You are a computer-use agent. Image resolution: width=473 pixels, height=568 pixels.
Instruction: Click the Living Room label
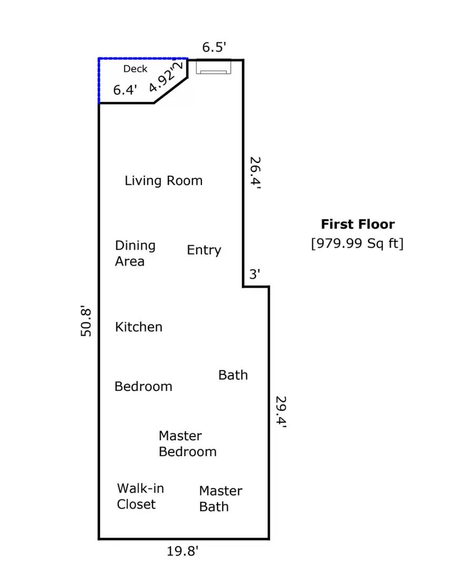pyautogui.click(x=163, y=181)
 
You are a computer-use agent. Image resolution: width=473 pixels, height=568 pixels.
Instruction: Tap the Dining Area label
pyautogui.click(x=135, y=253)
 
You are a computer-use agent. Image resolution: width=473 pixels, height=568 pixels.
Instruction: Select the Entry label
pyautogui.click(x=204, y=250)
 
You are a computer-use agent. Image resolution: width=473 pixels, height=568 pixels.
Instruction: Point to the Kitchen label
pyautogui.click(x=138, y=327)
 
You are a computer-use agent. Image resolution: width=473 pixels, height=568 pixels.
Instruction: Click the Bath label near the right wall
pyautogui.click(x=233, y=375)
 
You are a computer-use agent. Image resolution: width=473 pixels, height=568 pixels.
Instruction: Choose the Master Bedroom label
pyautogui.click(x=187, y=444)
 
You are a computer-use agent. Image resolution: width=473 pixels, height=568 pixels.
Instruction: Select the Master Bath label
pyautogui.click(x=220, y=499)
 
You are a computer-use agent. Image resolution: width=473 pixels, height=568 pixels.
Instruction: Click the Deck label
pyautogui.click(x=135, y=69)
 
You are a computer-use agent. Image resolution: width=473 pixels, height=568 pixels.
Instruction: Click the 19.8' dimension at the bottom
pyautogui.click(x=183, y=551)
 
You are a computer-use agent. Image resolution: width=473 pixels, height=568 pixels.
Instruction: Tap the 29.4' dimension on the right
pyautogui.click(x=281, y=412)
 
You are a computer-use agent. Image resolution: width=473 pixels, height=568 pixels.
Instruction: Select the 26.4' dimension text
pyautogui.click(x=255, y=173)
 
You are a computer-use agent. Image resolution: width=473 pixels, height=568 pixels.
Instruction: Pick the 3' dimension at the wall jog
pyautogui.click(x=255, y=274)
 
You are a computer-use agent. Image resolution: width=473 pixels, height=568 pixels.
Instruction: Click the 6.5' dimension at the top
pyautogui.click(x=214, y=47)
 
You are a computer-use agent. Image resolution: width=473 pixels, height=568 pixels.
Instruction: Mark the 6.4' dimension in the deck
pyautogui.click(x=125, y=90)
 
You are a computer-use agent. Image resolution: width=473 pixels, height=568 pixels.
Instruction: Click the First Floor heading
pyautogui.click(x=358, y=225)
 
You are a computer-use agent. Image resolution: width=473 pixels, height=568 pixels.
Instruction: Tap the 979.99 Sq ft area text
pyautogui.click(x=358, y=244)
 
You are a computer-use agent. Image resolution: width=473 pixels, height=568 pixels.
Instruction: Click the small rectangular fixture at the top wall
pyautogui.click(x=214, y=67)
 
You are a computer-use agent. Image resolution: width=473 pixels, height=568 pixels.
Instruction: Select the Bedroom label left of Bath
pyautogui.click(x=143, y=387)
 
